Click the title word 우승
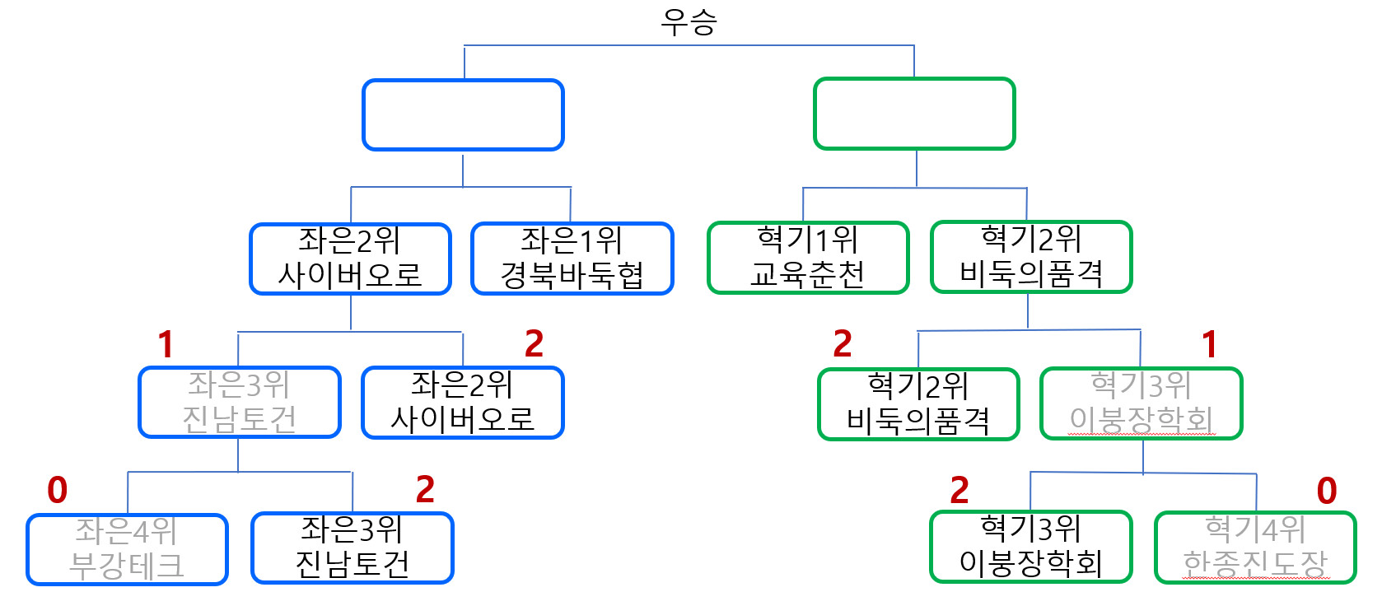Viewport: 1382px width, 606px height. coord(689,21)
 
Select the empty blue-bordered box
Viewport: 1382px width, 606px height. coord(463,115)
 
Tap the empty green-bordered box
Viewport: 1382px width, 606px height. coord(914,114)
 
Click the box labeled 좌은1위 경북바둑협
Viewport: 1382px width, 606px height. coord(572,258)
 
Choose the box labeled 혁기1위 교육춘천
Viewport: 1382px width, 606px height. coord(808,257)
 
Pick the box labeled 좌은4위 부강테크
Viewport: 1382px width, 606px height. coord(127,549)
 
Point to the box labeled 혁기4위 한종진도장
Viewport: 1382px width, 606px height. coord(1255,548)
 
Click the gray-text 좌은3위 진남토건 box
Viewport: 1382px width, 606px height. coord(240,402)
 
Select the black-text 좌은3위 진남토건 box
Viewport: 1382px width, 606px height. coord(353,548)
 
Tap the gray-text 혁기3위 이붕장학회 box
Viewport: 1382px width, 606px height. coord(1142,403)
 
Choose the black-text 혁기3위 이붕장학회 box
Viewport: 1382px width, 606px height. coord(1031,547)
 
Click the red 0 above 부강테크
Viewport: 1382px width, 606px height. coord(57,491)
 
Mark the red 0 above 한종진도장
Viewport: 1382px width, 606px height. coord(1326,492)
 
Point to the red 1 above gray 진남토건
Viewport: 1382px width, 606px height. coord(166,345)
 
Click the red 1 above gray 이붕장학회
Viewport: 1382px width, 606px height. coord(1209,345)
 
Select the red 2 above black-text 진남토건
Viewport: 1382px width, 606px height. coord(425,491)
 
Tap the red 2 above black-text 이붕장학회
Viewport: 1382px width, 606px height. coord(959,492)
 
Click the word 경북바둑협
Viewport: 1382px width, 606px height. coord(572,275)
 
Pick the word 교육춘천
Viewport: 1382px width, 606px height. coord(808,274)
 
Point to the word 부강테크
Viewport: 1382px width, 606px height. coord(127,566)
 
